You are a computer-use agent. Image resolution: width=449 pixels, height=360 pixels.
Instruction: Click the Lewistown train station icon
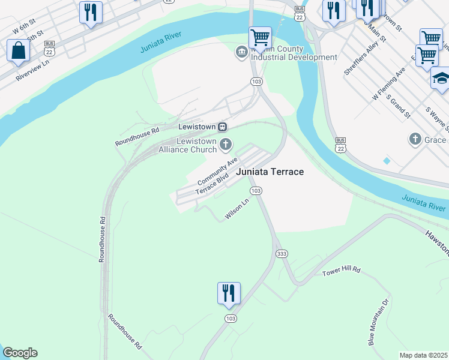pyautogui.click(x=223, y=127)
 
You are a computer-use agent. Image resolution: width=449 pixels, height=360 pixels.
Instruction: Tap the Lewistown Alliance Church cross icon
pyautogui.click(x=226, y=143)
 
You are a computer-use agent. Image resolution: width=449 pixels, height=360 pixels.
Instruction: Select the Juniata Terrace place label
pyautogui.click(x=270, y=172)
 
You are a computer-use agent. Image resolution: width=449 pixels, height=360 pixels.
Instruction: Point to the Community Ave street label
pyautogui.click(x=218, y=170)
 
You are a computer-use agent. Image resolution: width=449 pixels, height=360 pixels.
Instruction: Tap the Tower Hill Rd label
pyautogui.click(x=341, y=271)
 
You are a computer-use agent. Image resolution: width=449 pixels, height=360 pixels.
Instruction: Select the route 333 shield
pyautogui.click(x=282, y=254)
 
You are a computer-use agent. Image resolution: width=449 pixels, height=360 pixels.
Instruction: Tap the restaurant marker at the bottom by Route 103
pyautogui.click(x=229, y=293)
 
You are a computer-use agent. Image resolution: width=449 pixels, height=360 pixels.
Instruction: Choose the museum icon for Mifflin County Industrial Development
pyautogui.click(x=241, y=52)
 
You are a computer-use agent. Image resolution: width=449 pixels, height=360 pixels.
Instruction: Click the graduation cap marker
pyautogui.click(x=441, y=79)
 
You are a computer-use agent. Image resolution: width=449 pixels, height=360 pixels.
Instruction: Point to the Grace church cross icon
pyautogui.click(x=415, y=140)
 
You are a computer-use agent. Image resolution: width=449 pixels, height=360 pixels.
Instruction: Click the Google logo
pyautogui.click(x=20, y=353)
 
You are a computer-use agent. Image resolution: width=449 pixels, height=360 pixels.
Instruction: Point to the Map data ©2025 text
pyautogui.click(x=424, y=355)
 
